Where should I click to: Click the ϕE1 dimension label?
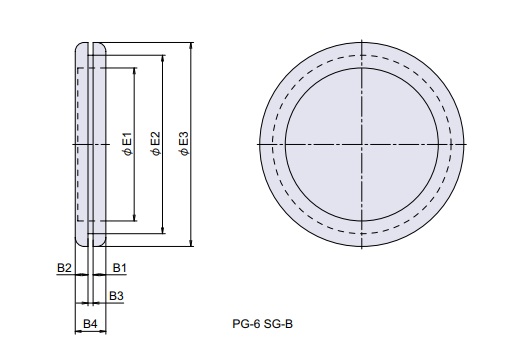click(x=128, y=144)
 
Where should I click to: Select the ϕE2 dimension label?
click(x=156, y=144)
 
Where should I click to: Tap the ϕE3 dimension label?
click(x=184, y=144)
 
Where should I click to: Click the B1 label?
click(x=119, y=268)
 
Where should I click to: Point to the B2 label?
click(x=64, y=268)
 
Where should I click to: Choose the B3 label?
click(x=116, y=296)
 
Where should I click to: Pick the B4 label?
click(x=90, y=324)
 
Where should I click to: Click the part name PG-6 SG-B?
click(x=263, y=324)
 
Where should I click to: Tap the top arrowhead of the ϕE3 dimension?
click(x=191, y=46)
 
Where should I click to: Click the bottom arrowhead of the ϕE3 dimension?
click(x=191, y=243)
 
